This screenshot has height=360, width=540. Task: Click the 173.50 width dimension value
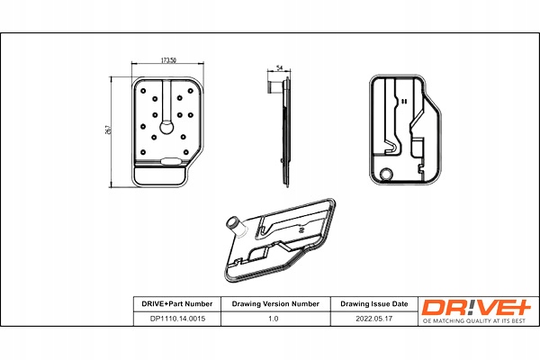tap(166, 60)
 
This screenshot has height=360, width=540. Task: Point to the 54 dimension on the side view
tap(280, 68)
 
